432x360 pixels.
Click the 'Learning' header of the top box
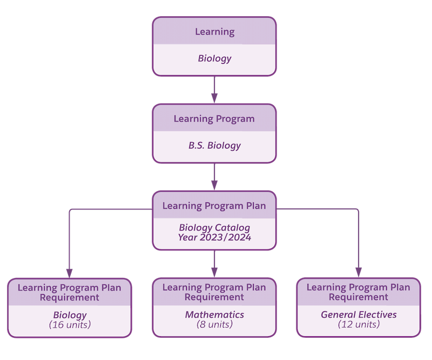(x=214, y=32)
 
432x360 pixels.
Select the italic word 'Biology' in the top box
(x=214, y=59)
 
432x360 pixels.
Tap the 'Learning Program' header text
(x=214, y=119)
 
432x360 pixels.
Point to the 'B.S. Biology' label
(x=214, y=146)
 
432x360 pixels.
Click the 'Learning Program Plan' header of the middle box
(x=214, y=206)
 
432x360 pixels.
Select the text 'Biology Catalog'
(x=214, y=228)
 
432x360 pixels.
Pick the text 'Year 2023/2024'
(x=214, y=237)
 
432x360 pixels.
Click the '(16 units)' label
(x=70, y=325)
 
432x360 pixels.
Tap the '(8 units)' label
(x=214, y=324)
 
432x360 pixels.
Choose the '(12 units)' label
(x=359, y=324)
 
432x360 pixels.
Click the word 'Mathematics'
(x=214, y=315)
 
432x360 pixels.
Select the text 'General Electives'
(x=359, y=315)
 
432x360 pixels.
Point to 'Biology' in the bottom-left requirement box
(x=70, y=315)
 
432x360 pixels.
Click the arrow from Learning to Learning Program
(x=214, y=89)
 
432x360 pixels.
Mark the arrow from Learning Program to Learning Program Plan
(x=214, y=176)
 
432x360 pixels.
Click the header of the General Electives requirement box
(x=359, y=292)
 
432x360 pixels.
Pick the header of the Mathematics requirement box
(x=214, y=292)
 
